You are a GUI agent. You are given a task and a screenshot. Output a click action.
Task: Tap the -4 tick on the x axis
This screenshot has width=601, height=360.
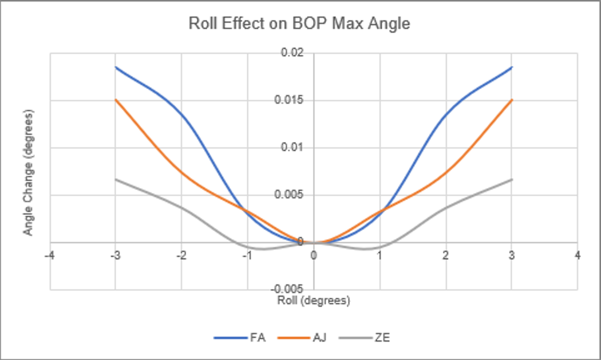[x=50, y=255]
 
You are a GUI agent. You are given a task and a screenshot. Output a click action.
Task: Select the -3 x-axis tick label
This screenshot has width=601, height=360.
[x=116, y=255]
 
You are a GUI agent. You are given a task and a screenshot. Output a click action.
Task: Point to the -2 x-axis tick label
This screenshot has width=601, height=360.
[x=181, y=255]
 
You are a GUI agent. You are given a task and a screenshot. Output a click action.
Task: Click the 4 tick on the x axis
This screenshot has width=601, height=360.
[x=578, y=255]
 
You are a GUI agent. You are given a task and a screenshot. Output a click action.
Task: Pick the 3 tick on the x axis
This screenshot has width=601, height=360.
[x=512, y=255]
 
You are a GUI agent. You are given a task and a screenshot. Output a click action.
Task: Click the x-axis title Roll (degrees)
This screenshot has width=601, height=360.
[x=313, y=300]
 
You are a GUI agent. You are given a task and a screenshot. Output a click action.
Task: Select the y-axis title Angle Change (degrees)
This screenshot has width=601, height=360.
[x=27, y=172]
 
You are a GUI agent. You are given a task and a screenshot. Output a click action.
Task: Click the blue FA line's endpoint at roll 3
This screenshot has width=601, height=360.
[x=512, y=67]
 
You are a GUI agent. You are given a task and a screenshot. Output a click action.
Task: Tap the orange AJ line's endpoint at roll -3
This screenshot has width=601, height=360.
[x=116, y=100]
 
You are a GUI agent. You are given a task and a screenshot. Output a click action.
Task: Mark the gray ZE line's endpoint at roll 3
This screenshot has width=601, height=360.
[x=512, y=179]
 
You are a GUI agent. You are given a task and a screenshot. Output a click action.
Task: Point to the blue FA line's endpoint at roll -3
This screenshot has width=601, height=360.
[x=116, y=67]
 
